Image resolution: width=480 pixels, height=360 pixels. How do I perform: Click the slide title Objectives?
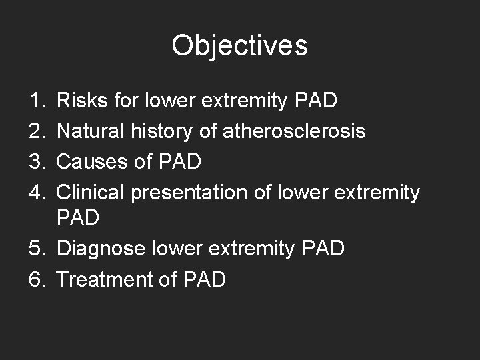tap(239, 45)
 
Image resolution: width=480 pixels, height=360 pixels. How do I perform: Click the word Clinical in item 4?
tap(91, 193)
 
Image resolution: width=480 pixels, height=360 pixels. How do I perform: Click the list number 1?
tap(37, 101)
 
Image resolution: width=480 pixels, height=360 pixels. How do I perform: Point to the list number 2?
tap(37, 131)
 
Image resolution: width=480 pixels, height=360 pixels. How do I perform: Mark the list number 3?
tap(37, 162)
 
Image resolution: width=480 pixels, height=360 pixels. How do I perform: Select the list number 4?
tap(37, 193)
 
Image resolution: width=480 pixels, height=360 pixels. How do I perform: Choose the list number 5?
tap(37, 249)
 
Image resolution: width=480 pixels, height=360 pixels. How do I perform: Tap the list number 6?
tap(37, 279)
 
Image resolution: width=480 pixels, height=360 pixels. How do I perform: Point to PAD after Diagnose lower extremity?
tap(323, 249)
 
